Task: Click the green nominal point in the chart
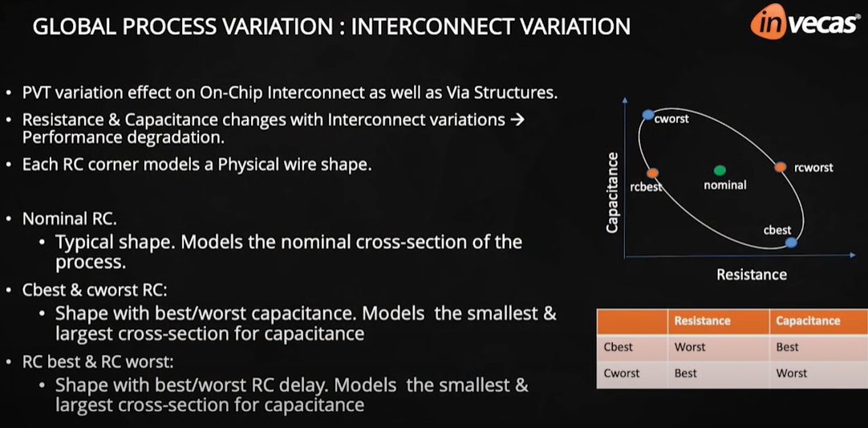point(720,170)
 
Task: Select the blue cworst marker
point(648,115)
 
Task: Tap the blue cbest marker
point(791,243)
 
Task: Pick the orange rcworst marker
point(780,167)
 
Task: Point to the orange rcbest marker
point(652,173)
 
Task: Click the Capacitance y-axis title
point(613,193)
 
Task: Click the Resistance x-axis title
point(751,275)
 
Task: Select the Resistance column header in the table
point(702,320)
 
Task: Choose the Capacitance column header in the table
point(807,320)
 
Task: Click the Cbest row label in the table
point(618,347)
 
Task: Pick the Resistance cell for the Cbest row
point(690,347)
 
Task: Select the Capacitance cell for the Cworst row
point(792,373)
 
